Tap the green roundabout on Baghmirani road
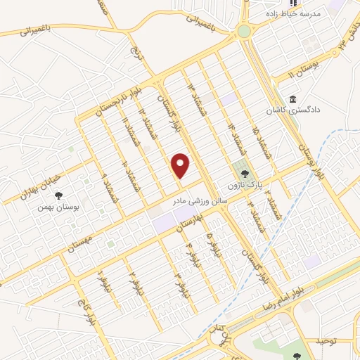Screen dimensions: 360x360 244,31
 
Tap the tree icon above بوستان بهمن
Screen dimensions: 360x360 58,195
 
